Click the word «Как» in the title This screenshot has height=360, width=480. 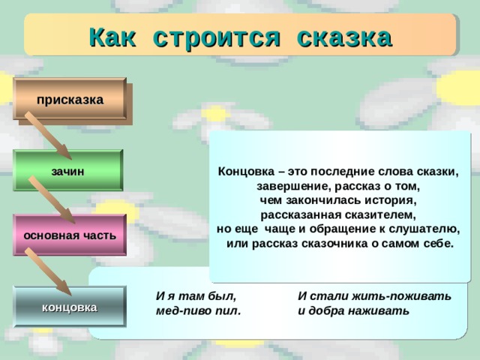(112, 37)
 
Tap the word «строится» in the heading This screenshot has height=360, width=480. (217, 39)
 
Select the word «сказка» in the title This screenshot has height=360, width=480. (344, 38)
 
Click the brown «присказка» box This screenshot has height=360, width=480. (70, 98)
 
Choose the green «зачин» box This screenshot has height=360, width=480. (68, 170)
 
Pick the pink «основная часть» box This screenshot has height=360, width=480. (70, 235)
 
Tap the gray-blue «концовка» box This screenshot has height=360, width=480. (70, 307)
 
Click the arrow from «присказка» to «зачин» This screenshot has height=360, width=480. (48, 135)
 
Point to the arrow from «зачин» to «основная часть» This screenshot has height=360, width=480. (52, 199)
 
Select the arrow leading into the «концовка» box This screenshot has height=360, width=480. (48, 271)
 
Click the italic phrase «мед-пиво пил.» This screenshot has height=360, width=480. (198, 310)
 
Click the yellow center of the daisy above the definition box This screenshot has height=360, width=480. (215, 113)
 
